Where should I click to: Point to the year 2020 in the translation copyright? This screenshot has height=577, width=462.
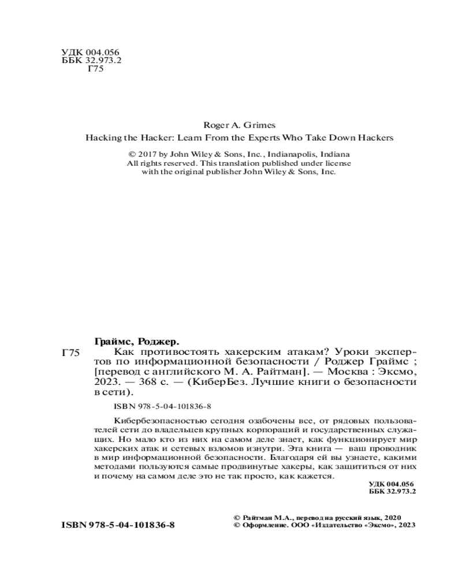pyautogui.click(x=390, y=518)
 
